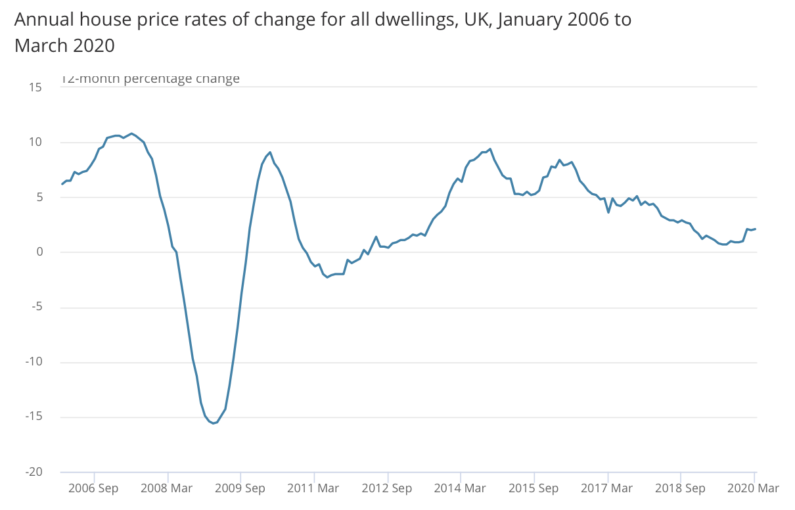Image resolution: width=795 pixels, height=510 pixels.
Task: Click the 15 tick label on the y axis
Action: (x=35, y=87)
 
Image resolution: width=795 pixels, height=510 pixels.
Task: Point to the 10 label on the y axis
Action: (x=35, y=142)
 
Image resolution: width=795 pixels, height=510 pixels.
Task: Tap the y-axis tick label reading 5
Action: (x=39, y=197)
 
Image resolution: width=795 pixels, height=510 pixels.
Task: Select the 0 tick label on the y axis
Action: (x=39, y=252)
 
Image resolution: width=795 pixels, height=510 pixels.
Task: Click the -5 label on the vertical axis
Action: (x=36, y=308)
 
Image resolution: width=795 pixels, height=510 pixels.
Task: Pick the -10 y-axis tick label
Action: (x=33, y=362)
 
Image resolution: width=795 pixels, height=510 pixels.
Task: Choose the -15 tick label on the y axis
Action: (x=33, y=417)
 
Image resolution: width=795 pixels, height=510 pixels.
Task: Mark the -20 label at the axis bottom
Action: (x=33, y=473)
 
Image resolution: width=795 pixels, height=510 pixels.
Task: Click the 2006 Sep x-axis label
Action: (x=94, y=488)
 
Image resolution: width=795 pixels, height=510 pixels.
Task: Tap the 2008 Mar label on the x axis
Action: (x=168, y=488)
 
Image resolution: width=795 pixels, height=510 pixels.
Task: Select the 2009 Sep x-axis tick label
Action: (x=241, y=488)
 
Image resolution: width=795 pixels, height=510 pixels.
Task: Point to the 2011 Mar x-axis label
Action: (x=315, y=488)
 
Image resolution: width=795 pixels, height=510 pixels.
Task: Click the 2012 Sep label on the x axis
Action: (x=388, y=488)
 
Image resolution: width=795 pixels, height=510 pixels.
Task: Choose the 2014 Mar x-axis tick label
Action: (x=461, y=488)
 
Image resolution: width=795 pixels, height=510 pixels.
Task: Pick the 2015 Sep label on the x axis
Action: (x=535, y=488)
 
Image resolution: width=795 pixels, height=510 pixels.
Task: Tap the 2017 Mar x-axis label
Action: (x=608, y=488)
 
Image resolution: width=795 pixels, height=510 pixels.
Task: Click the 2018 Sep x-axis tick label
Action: (x=681, y=488)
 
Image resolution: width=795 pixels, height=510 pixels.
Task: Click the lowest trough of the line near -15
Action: (x=213, y=423)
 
